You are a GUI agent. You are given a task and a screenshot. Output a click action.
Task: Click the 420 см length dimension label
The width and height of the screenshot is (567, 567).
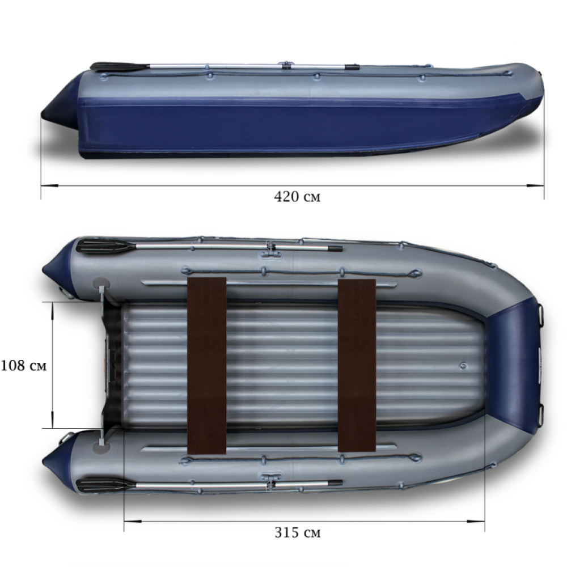297,197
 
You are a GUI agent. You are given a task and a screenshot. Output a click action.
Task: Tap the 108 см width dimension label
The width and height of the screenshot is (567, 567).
24,366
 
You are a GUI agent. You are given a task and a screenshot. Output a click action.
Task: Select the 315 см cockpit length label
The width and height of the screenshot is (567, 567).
297,533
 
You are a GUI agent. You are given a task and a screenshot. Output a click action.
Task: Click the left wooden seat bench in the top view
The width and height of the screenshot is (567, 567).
207,366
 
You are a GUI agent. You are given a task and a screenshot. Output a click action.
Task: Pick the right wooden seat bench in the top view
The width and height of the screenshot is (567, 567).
357,365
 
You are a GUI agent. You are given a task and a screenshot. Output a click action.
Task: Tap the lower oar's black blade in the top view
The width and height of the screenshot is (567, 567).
105,485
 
